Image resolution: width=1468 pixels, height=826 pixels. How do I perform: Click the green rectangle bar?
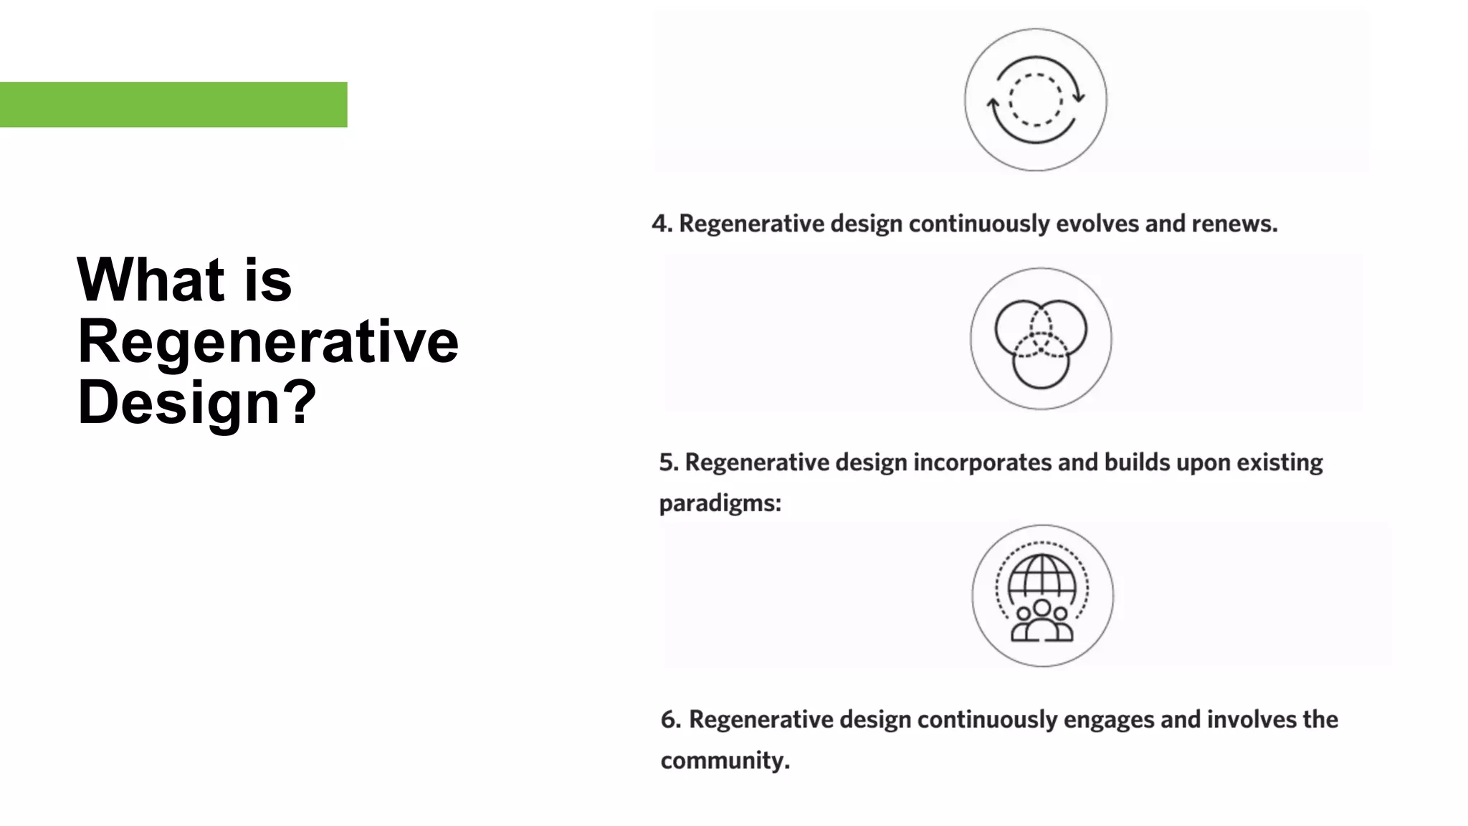(x=173, y=105)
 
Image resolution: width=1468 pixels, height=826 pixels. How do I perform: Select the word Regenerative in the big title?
(x=267, y=341)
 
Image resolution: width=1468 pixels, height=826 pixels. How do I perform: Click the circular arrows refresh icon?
(x=1035, y=100)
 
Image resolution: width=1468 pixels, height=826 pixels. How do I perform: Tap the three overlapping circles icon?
(x=1041, y=339)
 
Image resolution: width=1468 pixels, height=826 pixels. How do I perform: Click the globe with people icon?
(x=1042, y=596)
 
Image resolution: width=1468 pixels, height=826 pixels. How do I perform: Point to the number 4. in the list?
(x=662, y=224)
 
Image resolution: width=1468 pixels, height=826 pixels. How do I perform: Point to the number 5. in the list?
(x=669, y=462)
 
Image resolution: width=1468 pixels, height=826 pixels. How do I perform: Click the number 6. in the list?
(x=671, y=719)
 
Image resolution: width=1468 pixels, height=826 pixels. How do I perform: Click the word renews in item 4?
(x=1234, y=224)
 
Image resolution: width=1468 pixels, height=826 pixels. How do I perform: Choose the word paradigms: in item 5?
(x=720, y=503)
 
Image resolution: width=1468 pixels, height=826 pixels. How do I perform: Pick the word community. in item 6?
(x=725, y=760)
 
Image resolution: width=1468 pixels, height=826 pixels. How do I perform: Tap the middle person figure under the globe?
(x=1042, y=621)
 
